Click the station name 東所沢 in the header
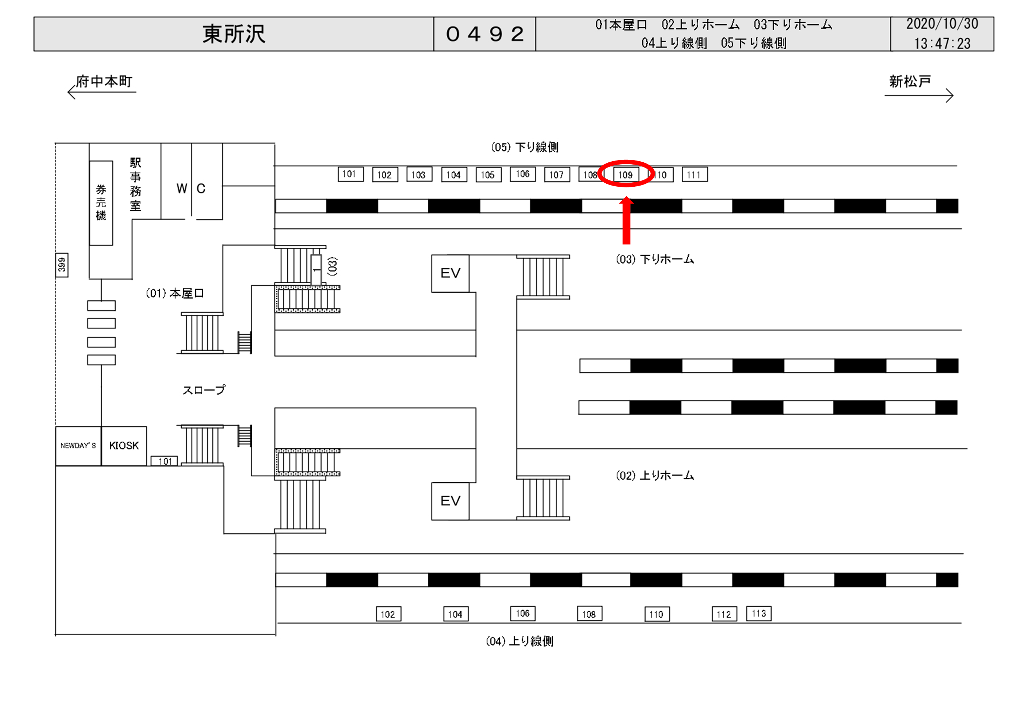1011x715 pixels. point(234,34)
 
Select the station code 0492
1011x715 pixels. point(484,34)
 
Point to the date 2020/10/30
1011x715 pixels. point(942,24)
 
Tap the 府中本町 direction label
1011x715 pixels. point(104,81)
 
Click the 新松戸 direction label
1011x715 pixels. point(910,81)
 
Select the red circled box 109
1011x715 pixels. point(626,175)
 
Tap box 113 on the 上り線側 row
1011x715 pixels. point(759,613)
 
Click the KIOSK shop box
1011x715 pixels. point(124,445)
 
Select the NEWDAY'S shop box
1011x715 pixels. point(78,445)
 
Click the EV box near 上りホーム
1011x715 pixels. point(450,501)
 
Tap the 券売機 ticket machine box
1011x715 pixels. point(101,202)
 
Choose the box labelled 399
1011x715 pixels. point(62,265)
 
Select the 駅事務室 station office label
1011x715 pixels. point(135,184)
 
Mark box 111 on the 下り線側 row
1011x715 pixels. point(694,175)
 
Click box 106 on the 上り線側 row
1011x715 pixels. point(523,613)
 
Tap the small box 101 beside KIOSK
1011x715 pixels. point(164,461)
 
